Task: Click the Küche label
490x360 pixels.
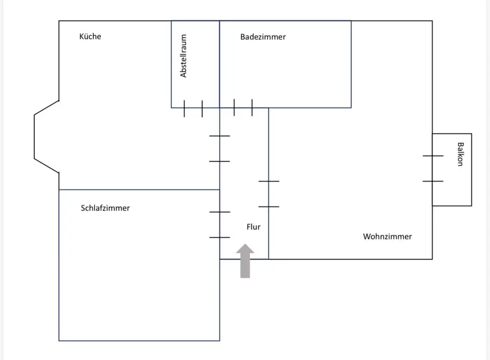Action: click(x=90, y=37)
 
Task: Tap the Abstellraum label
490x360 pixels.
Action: click(x=183, y=56)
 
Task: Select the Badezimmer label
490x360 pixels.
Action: click(x=263, y=37)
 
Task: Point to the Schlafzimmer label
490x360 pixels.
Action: click(x=105, y=208)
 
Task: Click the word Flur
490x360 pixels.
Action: click(x=253, y=227)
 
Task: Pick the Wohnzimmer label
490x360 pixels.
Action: click(x=387, y=237)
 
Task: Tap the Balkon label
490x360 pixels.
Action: click(x=460, y=154)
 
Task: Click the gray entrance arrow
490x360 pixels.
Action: click(x=245, y=261)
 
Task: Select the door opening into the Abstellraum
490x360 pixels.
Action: click(x=193, y=108)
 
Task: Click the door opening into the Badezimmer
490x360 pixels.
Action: click(x=243, y=108)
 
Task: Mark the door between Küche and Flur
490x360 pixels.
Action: click(x=220, y=149)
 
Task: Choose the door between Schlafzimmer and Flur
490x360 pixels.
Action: click(x=220, y=225)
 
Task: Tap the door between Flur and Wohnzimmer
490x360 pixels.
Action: click(x=269, y=194)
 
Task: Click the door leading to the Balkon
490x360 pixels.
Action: click(x=433, y=168)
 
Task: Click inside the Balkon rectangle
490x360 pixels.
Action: click(x=452, y=188)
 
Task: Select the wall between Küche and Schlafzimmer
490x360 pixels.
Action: click(x=139, y=190)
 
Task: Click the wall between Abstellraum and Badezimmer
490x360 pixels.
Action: click(x=220, y=64)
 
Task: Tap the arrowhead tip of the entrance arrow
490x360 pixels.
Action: click(x=245, y=244)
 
